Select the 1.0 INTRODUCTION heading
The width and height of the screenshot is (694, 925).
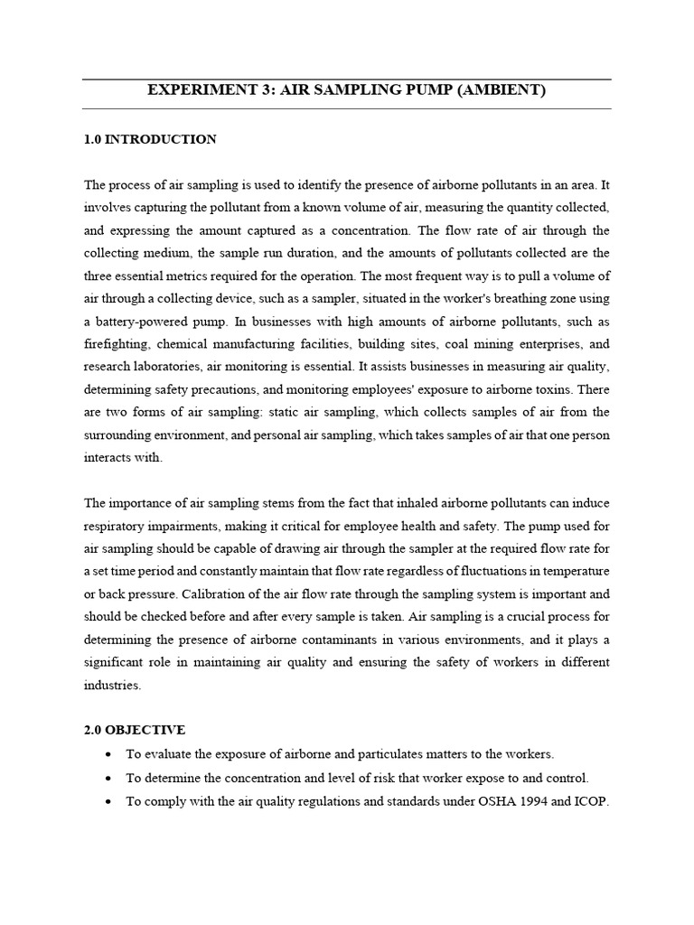pyautogui.click(x=150, y=139)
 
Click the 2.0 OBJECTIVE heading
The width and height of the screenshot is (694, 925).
pyautogui.click(x=135, y=728)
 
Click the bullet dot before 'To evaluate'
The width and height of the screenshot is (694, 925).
pyautogui.click(x=109, y=753)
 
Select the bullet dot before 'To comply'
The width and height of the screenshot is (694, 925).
pyautogui.click(x=109, y=799)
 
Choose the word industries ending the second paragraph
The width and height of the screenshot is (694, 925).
pyautogui.click(x=113, y=685)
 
